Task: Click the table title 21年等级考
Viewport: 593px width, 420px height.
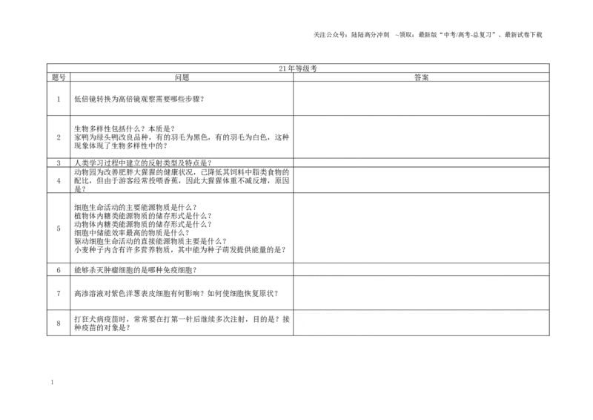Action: click(298, 68)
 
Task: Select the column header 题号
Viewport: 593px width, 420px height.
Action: click(59, 77)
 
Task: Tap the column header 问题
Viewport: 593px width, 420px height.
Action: click(182, 77)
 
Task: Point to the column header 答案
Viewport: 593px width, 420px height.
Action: click(421, 77)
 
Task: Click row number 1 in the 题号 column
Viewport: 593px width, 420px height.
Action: click(59, 99)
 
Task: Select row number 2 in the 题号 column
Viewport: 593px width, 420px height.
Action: click(59, 137)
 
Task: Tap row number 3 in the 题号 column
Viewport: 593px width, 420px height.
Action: click(59, 163)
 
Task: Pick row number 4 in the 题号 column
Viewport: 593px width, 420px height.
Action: click(59, 180)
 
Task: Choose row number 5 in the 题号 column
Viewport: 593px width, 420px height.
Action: click(59, 229)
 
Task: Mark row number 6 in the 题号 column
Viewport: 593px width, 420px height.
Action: click(59, 270)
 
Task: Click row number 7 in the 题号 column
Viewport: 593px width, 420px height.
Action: click(59, 294)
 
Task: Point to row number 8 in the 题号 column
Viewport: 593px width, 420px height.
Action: click(59, 323)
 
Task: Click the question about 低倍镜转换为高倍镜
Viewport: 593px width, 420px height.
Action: click(139, 99)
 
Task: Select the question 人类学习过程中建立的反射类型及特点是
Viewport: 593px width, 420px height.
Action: click(143, 163)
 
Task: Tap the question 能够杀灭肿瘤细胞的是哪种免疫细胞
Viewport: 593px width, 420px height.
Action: click(136, 270)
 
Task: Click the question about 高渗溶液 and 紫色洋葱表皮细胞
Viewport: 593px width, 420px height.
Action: click(176, 294)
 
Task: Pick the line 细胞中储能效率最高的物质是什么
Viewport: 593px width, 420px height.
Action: click(132, 233)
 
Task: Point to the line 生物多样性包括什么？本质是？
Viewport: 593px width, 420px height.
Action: click(125, 129)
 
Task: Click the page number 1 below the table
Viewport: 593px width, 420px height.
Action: click(52, 382)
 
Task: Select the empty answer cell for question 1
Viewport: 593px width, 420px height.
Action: click(421, 99)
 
